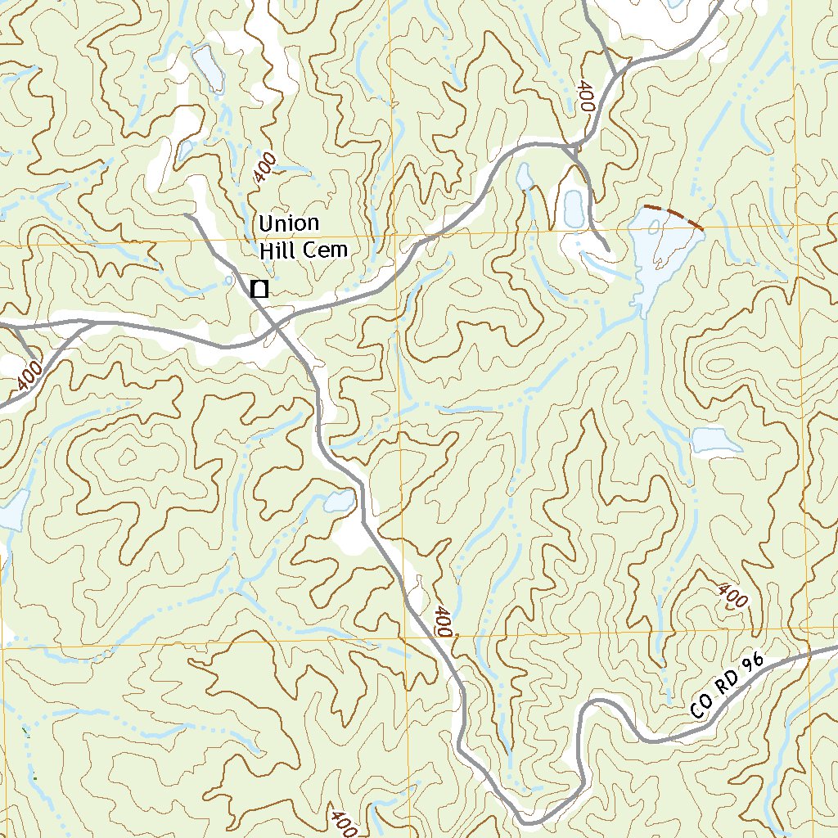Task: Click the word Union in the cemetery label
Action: coord(289,223)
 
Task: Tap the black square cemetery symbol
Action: coord(259,288)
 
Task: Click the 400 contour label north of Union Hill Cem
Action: coord(264,169)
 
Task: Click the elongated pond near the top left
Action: coord(208,68)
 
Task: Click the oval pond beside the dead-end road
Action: coord(572,206)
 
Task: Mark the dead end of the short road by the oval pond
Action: coord(606,250)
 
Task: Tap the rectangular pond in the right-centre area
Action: coord(717,440)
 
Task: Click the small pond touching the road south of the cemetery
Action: coord(340,500)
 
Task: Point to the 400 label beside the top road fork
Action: coord(586,96)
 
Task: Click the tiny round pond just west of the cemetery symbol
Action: coord(229,280)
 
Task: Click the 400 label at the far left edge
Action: coord(29,376)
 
